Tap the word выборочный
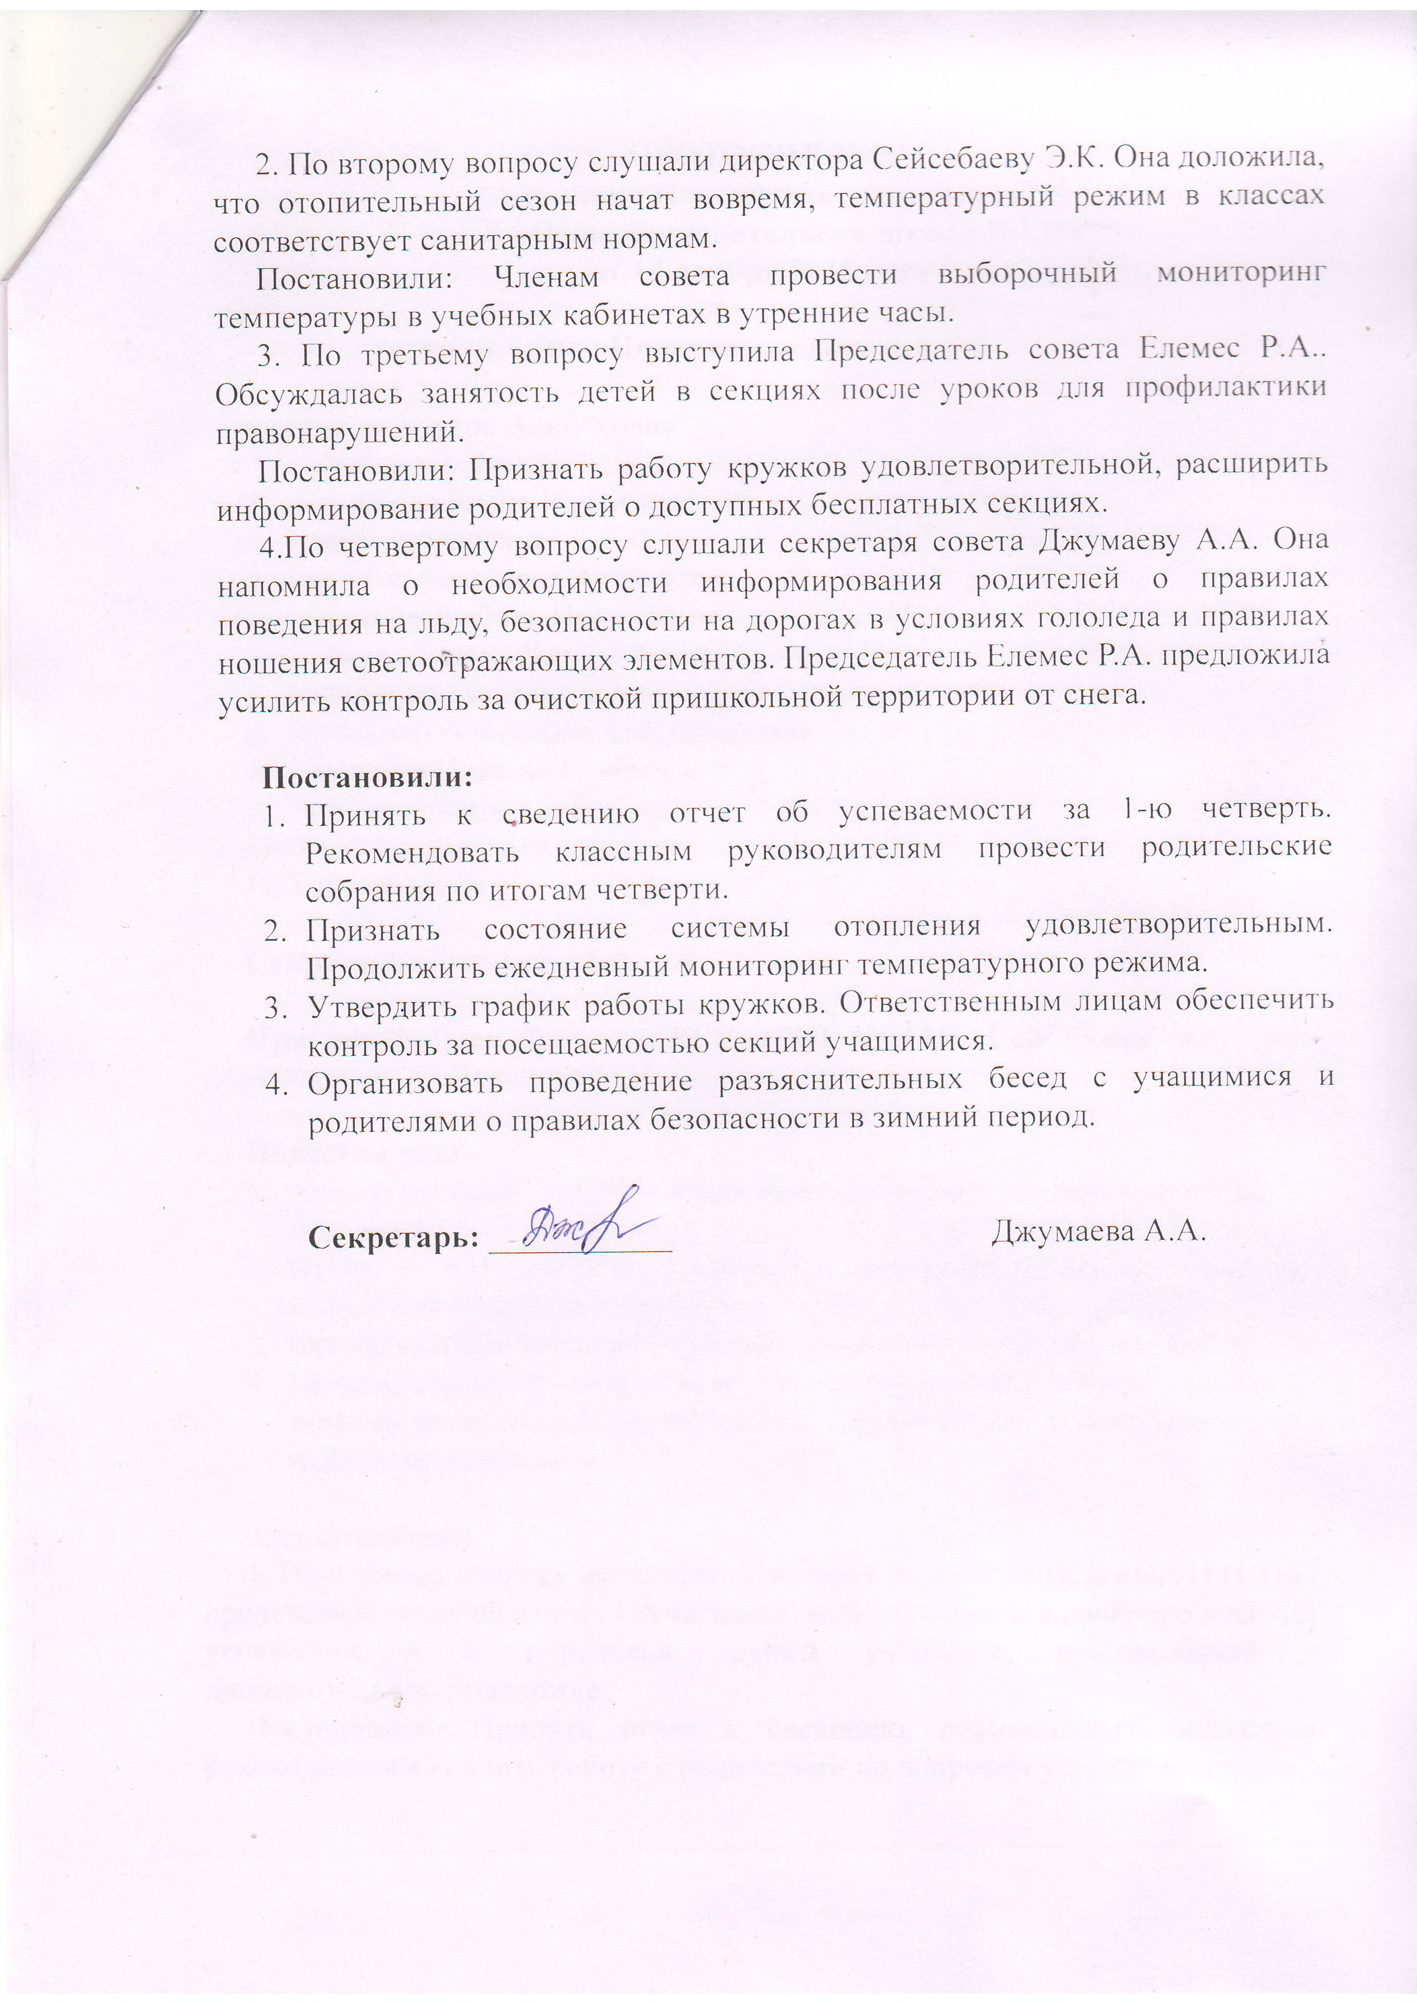(1027, 274)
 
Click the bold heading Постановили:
(367, 776)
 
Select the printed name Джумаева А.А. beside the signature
(1098, 1231)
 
